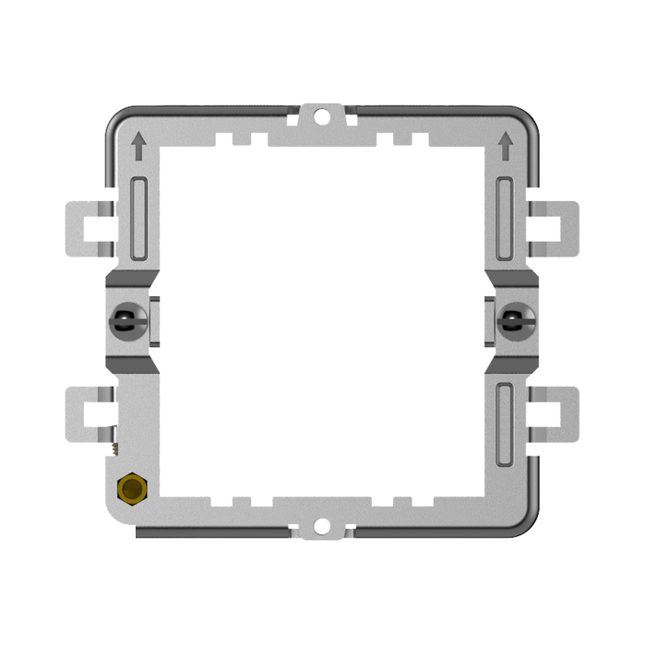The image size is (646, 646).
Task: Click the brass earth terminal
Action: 131,489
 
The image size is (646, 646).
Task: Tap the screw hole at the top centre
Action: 322,116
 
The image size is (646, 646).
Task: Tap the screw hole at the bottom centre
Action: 322,528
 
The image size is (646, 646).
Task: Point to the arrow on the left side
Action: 138,143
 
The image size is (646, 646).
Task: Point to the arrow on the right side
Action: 505,143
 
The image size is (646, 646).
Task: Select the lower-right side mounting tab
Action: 559,415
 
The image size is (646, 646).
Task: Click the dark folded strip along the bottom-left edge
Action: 212,534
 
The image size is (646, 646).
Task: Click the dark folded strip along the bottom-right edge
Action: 434,534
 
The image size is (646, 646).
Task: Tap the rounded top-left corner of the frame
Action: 115,120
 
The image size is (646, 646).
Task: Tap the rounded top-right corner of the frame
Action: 528,120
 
